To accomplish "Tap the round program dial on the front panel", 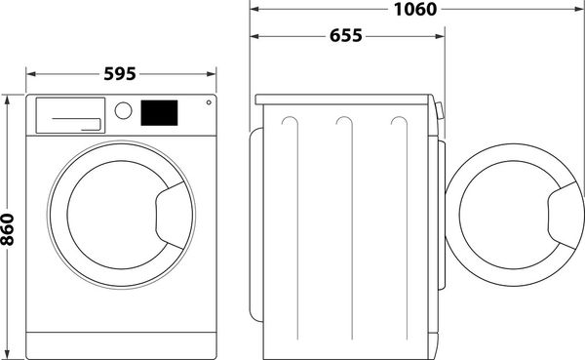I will tap(124, 110).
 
